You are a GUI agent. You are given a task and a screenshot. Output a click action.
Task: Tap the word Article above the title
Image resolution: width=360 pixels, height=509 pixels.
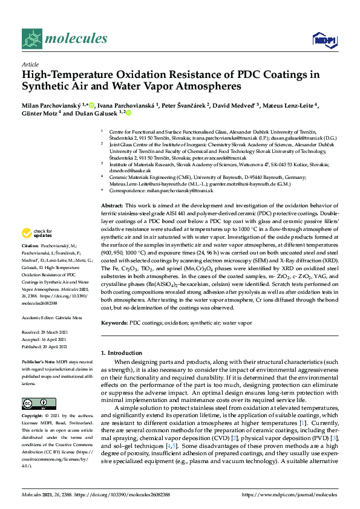click(x=30, y=63)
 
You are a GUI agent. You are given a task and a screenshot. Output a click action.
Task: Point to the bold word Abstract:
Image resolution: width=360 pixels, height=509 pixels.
click(x=113, y=206)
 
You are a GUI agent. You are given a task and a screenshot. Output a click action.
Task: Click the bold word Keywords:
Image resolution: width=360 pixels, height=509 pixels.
click(x=114, y=323)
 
